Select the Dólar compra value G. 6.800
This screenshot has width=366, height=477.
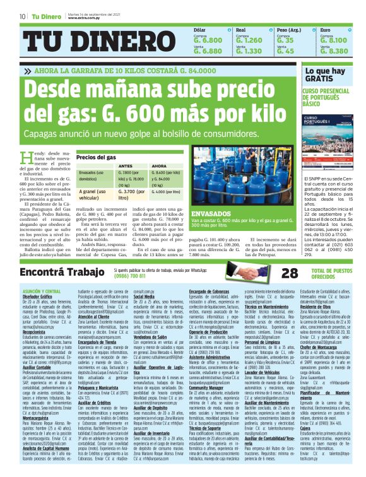(207, 39)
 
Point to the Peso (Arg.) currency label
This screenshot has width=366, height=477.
(290, 30)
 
